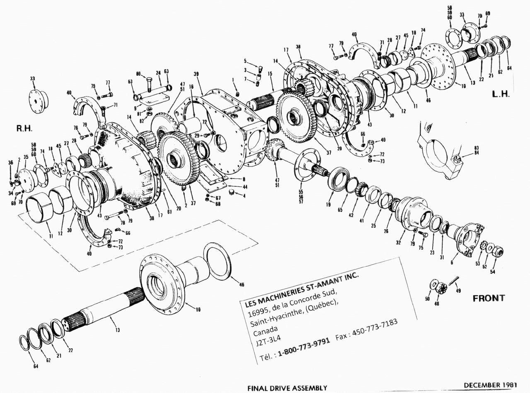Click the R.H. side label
pyautogui.click(x=24, y=129)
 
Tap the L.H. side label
pyautogui.click(x=500, y=94)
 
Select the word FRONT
pyautogui.click(x=489, y=298)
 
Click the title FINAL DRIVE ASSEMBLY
pyautogui.click(x=287, y=388)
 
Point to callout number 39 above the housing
pyautogui.click(x=196, y=74)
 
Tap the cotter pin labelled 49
pyautogui.click(x=453, y=283)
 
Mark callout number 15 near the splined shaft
pyautogui.click(x=270, y=74)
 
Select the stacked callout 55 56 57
pyautogui.click(x=301, y=197)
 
